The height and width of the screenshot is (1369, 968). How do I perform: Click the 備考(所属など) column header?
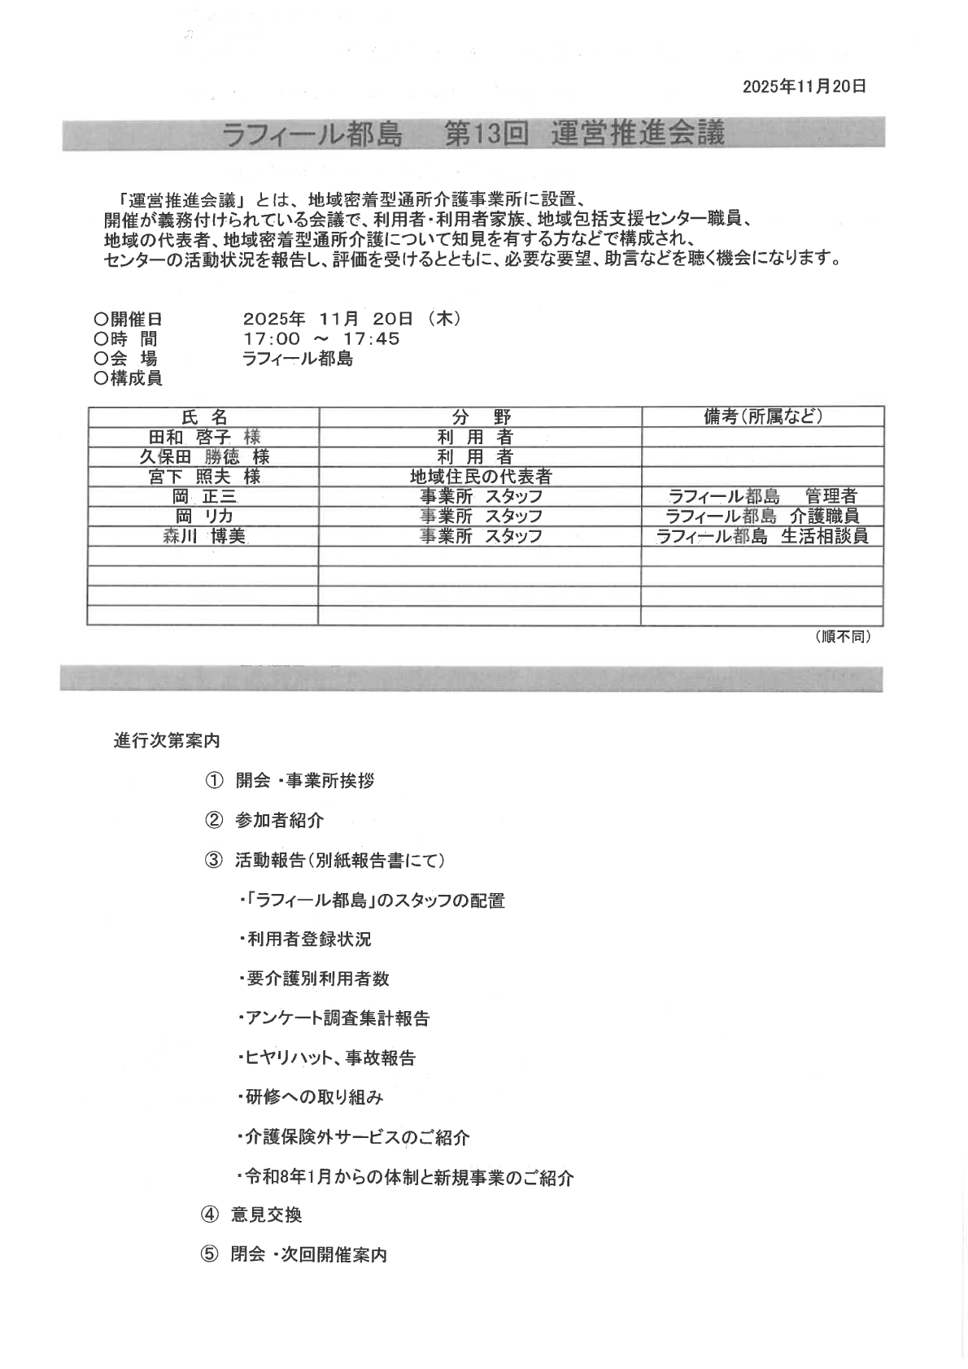[763, 417]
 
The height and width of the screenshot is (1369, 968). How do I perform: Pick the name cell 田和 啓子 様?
[203, 438]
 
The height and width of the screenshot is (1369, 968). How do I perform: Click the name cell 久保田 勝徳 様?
[203, 457]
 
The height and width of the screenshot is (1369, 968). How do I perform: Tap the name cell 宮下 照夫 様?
[203, 477]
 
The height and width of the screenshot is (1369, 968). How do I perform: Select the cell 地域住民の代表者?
[481, 477]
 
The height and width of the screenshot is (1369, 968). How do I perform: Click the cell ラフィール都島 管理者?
[762, 496]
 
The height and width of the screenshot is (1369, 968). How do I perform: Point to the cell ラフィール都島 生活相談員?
[762, 536]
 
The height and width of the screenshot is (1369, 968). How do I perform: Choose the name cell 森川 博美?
[203, 536]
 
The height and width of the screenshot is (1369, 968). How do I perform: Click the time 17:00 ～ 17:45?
[321, 339]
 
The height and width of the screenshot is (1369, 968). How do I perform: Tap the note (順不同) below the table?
[843, 638]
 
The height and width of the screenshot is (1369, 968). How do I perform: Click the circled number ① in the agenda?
[213, 781]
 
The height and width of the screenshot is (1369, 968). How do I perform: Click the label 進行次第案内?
[167, 742]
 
